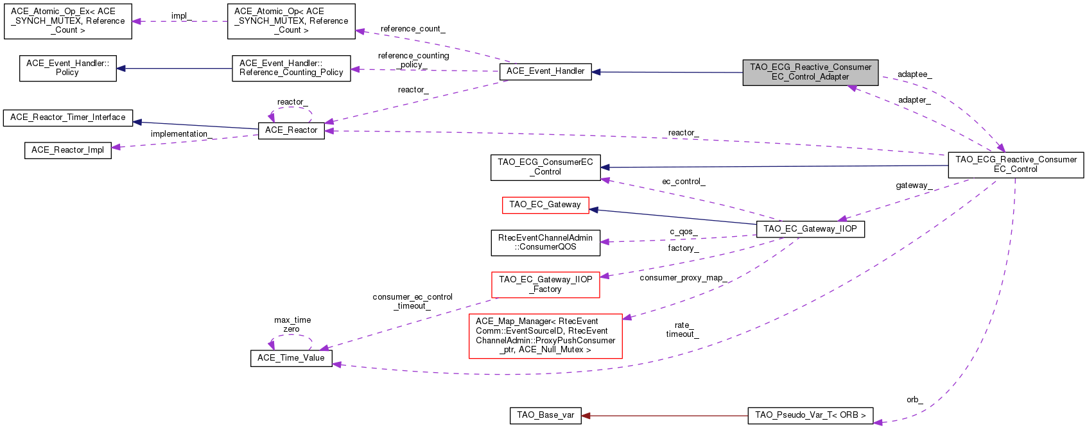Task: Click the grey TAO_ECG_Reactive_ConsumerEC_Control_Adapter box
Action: pos(810,72)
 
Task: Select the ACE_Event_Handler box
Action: pos(545,71)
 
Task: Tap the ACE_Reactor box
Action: pos(291,130)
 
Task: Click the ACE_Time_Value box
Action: pos(291,358)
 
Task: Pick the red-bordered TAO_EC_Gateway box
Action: pos(544,205)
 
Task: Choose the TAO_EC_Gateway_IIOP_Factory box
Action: pos(545,284)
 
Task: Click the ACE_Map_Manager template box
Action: pos(545,336)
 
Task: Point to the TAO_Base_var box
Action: pos(545,415)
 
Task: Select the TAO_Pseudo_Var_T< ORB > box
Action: pos(810,415)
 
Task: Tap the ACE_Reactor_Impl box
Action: pos(67,150)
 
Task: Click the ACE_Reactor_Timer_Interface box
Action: pos(67,117)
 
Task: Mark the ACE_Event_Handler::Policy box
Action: pos(67,68)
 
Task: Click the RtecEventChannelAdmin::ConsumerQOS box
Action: pos(545,243)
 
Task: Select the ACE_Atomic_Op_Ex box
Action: pos(67,21)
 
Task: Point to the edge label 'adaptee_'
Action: pos(914,74)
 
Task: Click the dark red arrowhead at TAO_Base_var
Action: pos(586,415)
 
